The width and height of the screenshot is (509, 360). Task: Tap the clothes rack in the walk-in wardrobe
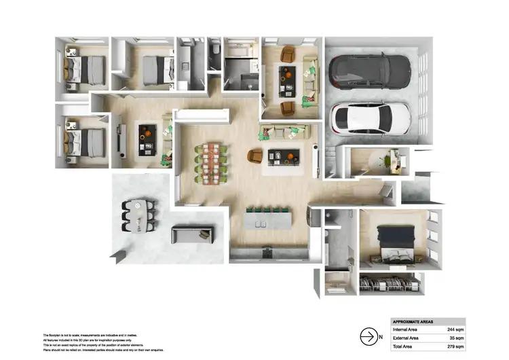[390, 283]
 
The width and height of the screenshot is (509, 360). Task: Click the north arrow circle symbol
[368, 336]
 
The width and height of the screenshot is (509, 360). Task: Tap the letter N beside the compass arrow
[381, 336]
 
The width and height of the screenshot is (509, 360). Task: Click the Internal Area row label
[405, 329]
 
